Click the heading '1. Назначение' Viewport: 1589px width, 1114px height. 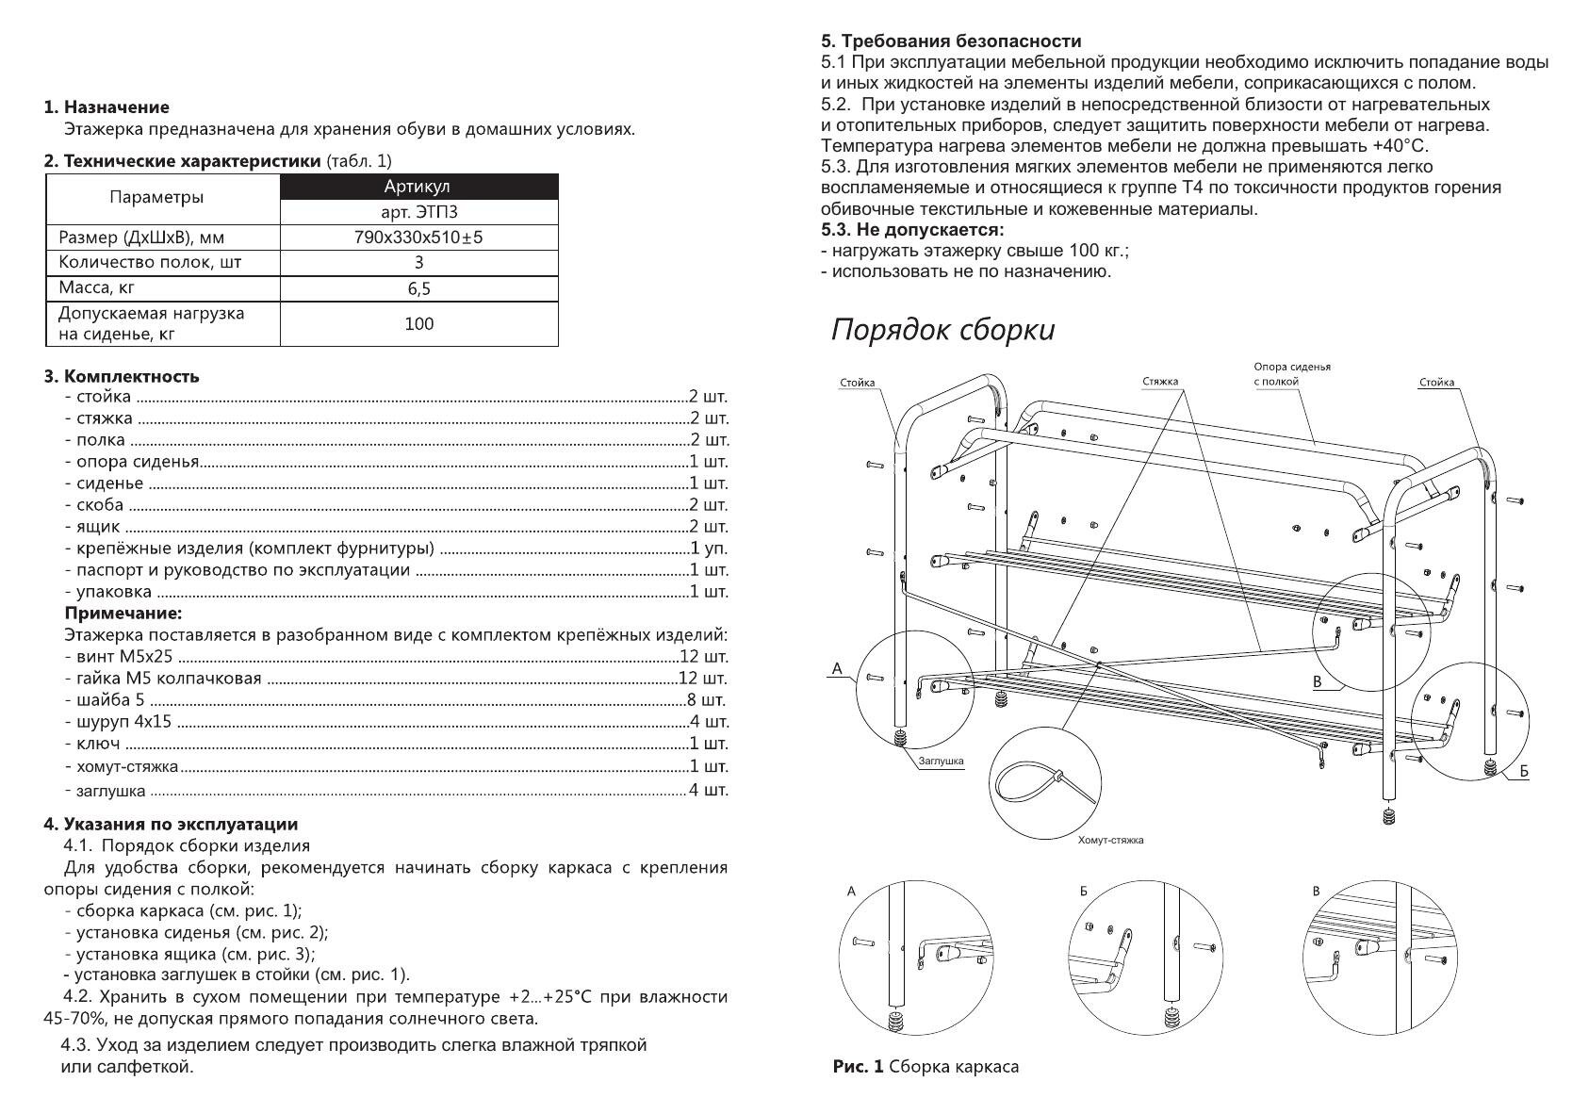coord(106,107)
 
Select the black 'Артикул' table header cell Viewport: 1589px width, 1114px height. coord(418,187)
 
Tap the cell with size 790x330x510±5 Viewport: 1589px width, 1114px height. coord(418,238)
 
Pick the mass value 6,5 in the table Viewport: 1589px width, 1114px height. coord(418,288)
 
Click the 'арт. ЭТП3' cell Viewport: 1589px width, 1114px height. coord(418,213)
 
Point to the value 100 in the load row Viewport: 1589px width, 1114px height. coord(418,324)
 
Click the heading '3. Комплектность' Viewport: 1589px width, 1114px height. coord(122,377)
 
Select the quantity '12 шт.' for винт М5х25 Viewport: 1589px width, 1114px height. coord(703,657)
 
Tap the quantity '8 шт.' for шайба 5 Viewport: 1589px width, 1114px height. coord(708,700)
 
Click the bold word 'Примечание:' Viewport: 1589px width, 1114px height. coord(123,614)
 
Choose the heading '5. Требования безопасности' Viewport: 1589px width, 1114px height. coord(951,41)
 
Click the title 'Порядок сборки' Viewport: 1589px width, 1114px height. coord(942,331)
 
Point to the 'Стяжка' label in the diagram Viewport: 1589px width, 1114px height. coord(1160,382)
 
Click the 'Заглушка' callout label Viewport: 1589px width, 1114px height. coord(941,762)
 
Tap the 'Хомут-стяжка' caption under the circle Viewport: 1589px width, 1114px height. coord(1110,840)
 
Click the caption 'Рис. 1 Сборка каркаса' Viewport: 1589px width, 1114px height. coord(926,1067)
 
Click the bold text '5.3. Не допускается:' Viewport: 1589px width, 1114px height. coord(912,230)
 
